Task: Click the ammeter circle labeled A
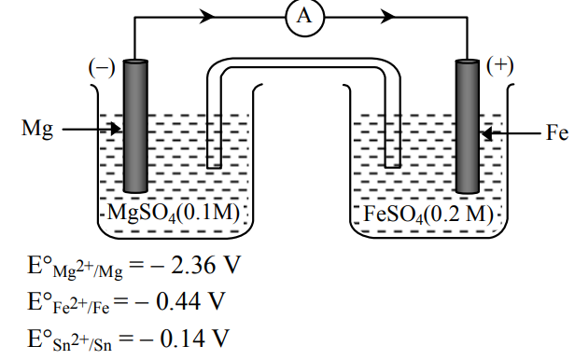point(304,17)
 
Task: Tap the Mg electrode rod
point(135,126)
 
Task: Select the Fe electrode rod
point(467,126)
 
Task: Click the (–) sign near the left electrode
point(102,68)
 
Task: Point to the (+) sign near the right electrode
point(499,66)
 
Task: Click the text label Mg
point(37,129)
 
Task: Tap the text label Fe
point(557,132)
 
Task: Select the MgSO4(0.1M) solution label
point(173,213)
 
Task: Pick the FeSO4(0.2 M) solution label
point(428,214)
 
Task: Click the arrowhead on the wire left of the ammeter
point(207,17)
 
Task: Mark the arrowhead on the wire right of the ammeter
point(387,17)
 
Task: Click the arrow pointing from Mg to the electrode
point(91,129)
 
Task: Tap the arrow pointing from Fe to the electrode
point(511,133)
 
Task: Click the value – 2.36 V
point(195,265)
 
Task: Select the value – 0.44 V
point(179,301)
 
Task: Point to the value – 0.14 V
point(184,338)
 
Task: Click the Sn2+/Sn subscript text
point(82,343)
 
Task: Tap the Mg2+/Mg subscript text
point(88,270)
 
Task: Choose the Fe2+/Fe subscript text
point(81,306)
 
